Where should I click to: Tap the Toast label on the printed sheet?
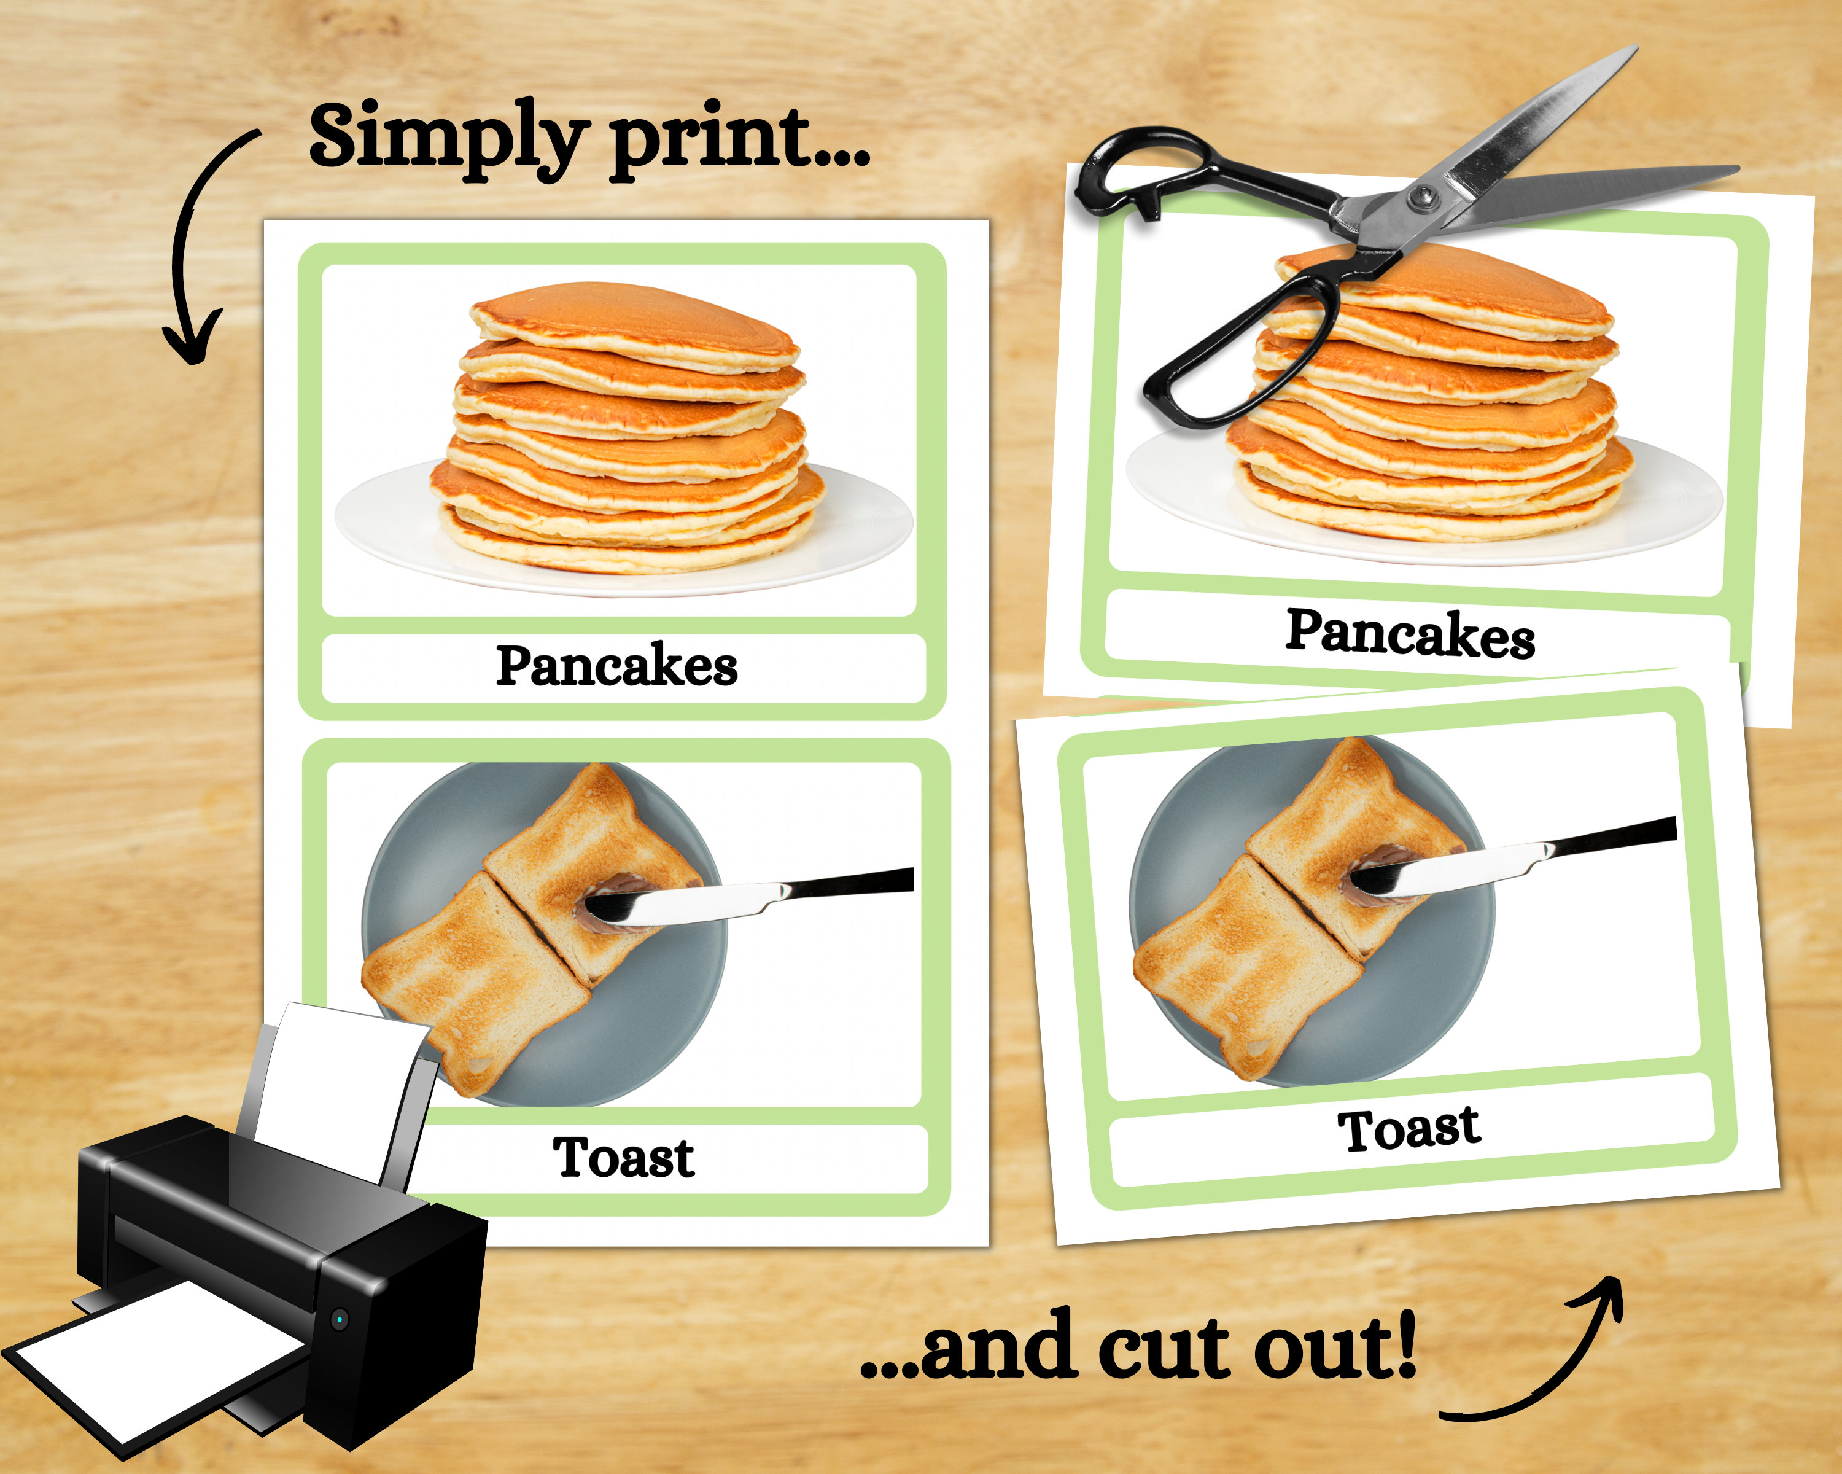[x=624, y=1158]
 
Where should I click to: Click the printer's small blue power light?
[x=340, y=1319]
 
